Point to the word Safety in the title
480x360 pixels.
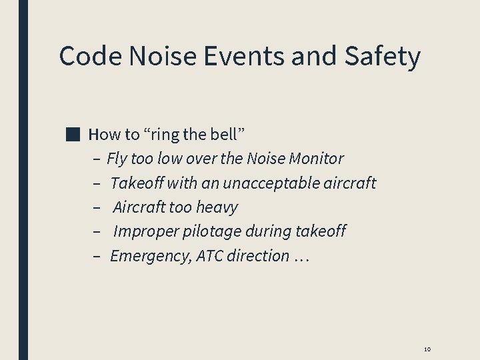(x=382, y=56)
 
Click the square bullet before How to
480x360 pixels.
(x=73, y=134)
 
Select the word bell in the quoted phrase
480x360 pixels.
(x=227, y=134)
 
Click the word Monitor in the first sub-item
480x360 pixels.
(x=317, y=159)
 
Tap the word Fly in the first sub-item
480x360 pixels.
(x=116, y=159)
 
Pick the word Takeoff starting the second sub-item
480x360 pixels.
(x=137, y=183)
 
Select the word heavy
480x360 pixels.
(x=217, y=207)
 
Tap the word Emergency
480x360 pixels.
(x=151, y=256)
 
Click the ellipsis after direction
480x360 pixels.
(x=301, y=257)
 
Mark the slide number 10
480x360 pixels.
(x=427, y=349)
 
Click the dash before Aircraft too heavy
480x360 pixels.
(x=97, y=207)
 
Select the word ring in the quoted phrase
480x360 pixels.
(x=165, y=134)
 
